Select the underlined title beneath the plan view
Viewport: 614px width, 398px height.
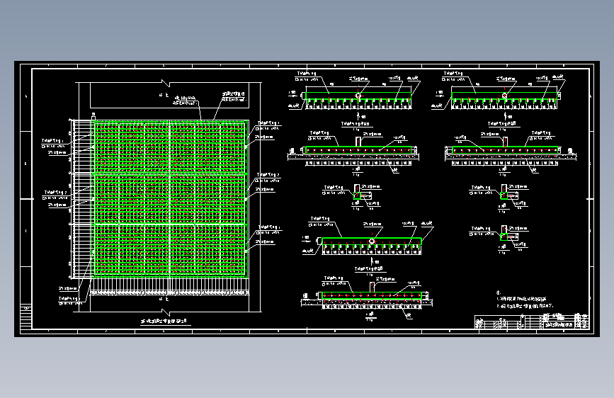coord(164,322)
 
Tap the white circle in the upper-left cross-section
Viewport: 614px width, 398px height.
coord(359,96)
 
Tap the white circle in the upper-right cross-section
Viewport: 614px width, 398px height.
coord(504,96)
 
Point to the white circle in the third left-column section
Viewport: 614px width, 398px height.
coord(372,241)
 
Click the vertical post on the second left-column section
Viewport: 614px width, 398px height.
coord(358,142)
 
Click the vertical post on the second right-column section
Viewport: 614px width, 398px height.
coord(504,142)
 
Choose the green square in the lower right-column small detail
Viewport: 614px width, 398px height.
coord(504,234)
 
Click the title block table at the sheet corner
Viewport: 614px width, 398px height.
coord(531,322)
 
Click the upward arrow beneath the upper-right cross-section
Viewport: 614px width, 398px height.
coord(504,113)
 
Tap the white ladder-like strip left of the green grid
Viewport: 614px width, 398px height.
coord(82,198)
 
